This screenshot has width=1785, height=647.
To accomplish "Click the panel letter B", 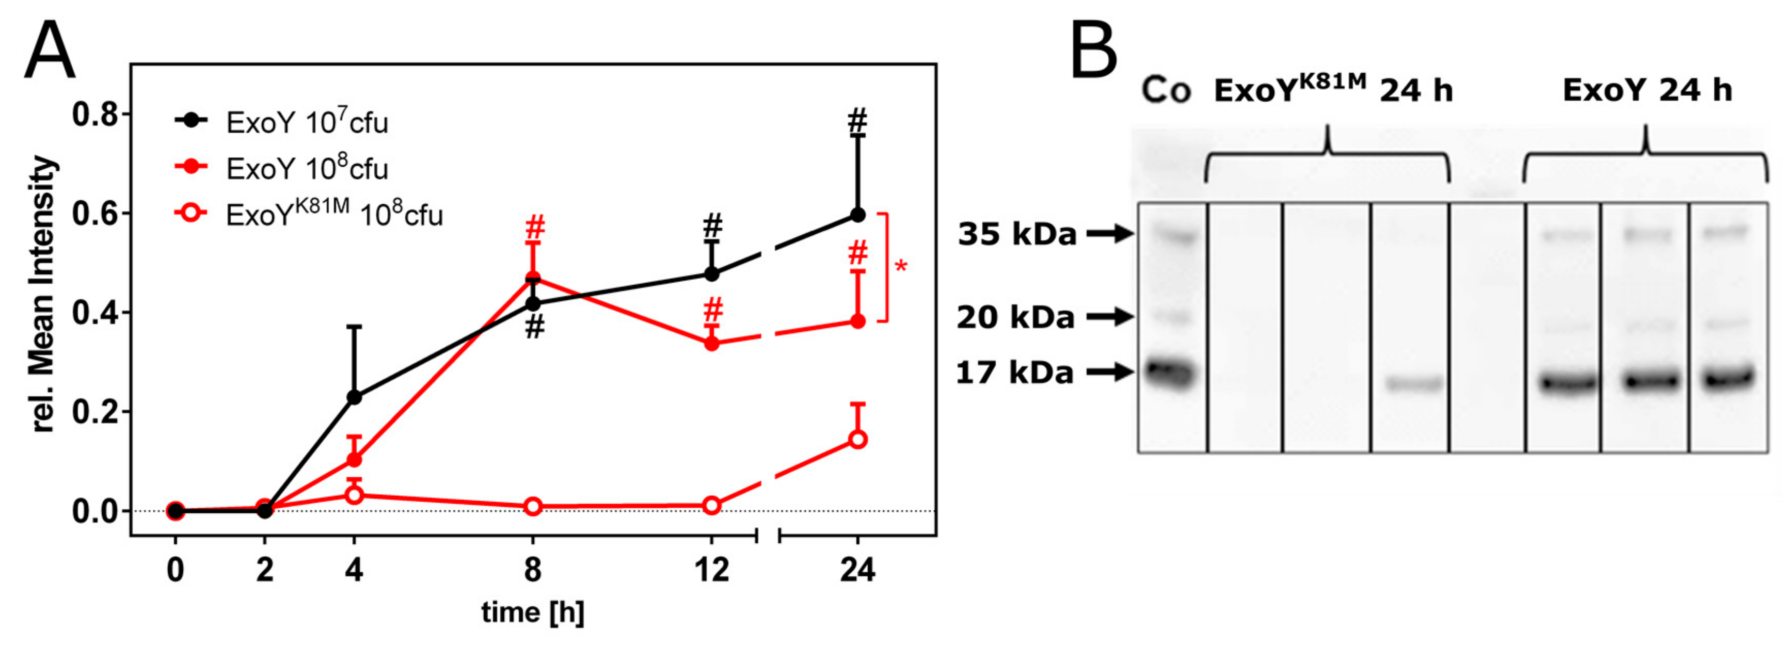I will (1093, 50).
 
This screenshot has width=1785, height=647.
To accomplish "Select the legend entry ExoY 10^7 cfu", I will (307, 123).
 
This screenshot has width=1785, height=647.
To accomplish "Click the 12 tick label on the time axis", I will (712, 571).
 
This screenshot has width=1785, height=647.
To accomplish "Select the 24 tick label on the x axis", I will (857, 571).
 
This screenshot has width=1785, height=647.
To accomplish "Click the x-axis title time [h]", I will (532, 612).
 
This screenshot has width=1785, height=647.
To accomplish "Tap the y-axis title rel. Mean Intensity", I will (43, 295).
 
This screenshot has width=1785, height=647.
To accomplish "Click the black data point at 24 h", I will (857, 216).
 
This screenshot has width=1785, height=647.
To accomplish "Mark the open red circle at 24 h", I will (857, 440).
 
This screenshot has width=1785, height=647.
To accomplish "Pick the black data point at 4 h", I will (354, 397).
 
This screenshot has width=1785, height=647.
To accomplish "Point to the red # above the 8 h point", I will (534, 227).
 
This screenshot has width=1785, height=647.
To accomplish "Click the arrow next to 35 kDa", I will (1109, 234).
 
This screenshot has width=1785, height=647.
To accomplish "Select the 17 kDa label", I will (1014, 373).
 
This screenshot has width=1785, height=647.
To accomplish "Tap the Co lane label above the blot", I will (1166, 90).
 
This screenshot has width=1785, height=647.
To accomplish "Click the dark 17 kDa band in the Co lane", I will (1170, 374).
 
